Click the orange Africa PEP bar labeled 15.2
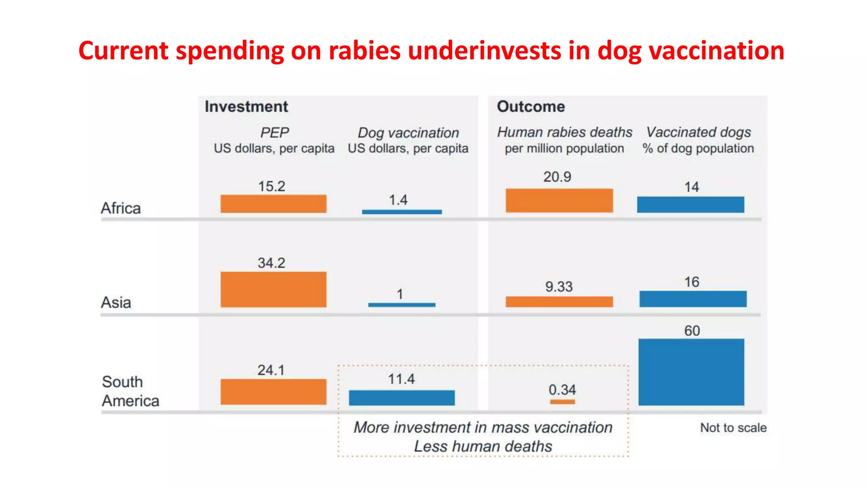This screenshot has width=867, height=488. point(273,204)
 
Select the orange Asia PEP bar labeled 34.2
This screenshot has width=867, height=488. point(273,289)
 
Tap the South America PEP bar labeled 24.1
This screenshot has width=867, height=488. point(273,391)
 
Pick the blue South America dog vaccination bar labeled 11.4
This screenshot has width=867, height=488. point(402,398)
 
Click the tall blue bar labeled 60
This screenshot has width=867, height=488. point(691,372)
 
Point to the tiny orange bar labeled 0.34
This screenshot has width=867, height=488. point(562,402)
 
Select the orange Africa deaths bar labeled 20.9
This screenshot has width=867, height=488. point(559,200)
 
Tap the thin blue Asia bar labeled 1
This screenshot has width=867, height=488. point(401,305)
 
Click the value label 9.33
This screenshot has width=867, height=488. point(559,287)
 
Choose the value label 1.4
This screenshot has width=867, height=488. point(398,200)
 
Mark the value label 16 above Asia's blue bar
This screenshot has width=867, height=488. point(692,282)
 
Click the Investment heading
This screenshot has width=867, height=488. point(246,107)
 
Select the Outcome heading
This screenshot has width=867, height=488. point(530,107)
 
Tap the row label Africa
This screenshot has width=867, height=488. point(121,208)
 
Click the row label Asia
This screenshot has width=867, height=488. point(116,303)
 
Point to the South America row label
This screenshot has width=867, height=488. point(130,391)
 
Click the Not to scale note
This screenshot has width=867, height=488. point(733,428)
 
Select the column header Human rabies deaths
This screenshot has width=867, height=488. point(564,132)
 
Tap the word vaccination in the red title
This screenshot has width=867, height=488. point(716,51)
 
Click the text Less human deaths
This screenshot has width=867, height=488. point(483,446)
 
